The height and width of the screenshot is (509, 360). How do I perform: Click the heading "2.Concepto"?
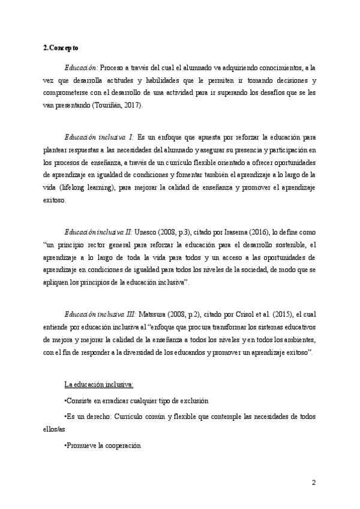click(x=61, y=47)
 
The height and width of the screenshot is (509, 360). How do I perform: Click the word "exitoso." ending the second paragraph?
click(x=56, y=200)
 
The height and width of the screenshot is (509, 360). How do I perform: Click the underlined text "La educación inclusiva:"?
click(x=98, y=385)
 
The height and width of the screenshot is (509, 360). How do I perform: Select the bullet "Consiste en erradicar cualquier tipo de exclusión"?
click(x=133, y=401)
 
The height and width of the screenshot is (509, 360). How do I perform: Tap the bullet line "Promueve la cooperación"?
click(x=101, y=446)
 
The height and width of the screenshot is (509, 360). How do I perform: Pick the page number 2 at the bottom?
click(x=313, y=483)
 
